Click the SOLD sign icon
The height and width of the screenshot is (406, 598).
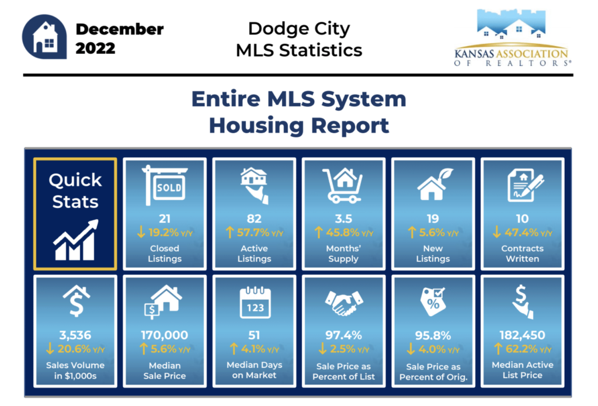point(165,185)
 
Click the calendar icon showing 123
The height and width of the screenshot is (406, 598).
point(255,303)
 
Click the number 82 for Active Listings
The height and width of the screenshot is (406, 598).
point(254,218)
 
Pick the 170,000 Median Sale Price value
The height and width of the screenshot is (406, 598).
point(164,335)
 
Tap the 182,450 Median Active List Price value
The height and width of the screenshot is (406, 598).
point(522,335)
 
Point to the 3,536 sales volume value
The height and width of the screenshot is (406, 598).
point(75,335)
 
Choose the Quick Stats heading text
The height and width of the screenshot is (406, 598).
point(75,191)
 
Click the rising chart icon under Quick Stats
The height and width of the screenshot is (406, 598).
point(75,241)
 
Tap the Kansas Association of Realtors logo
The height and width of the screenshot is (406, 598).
point(512,38)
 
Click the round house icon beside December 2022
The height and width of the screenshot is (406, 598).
point(44,37)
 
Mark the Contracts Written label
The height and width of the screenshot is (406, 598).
point(522,254)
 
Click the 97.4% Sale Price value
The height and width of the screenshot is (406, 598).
point(343,335)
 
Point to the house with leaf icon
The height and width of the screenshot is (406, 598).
point(434,184)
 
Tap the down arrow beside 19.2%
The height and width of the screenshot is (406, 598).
point(141,232)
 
